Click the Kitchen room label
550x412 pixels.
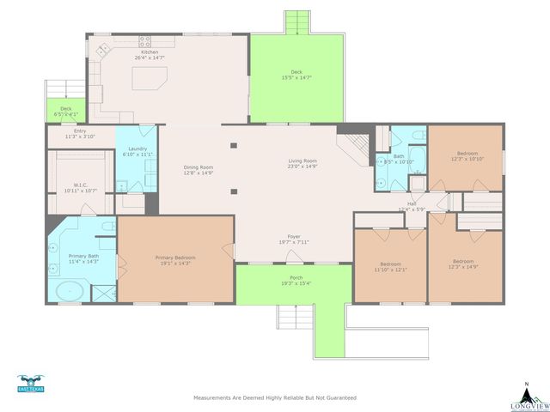pyautogui.click(x=150, y=51)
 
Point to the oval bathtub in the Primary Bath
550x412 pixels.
pyautogui.click(x=69, y=291)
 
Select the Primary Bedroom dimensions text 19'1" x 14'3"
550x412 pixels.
pyautogui.click(x=175, y=264)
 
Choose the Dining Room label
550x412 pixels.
pyautogui.click(x=199, y=167)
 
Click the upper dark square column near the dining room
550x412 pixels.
pyautogui.click(x=233, y=144)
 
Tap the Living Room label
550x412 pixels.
pyautogui.click(x=302, y=161)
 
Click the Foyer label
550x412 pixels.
pyautogui.click(x=294, y=237)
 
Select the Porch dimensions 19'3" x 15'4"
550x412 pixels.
pyautogui.click(x=294, y=283)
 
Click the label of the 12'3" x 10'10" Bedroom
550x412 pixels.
pyautogui.click(x=467, y=153)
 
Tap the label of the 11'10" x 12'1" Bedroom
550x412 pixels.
pyautogui.click(x=391, y=264)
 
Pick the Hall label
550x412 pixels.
pyautogui.click(x=412, y=203)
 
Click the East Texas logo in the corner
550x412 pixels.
pyautogui.click(x=30, y=383)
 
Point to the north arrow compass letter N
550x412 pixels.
pyautogui.click(x=526, y=385)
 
